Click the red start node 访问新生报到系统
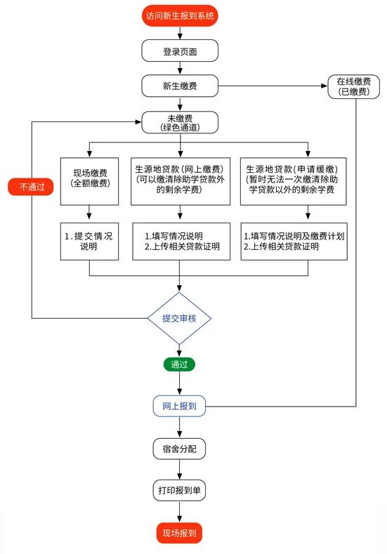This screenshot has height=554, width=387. coord(180,15)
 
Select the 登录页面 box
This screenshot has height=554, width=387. coord(180,51)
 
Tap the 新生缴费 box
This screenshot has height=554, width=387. coord(180,86)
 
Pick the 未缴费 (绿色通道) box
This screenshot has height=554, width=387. coord(180,122)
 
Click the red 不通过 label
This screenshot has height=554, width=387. coord(30,186)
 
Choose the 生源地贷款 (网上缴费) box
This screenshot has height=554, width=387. coord(180,180)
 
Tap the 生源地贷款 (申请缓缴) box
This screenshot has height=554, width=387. coord(294,180)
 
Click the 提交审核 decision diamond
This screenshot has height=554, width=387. coord(180,318)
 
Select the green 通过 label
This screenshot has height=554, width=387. coord(180,364)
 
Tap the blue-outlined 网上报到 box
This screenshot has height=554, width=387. coord(180,406)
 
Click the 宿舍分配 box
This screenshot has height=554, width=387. coord(180,448)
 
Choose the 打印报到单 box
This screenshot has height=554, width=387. coord(180,490)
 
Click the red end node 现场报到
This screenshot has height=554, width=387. coord(180,532)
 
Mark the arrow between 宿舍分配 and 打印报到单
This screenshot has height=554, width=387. coord(180,469)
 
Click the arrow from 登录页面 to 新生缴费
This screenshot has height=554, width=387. coord(180,68)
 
